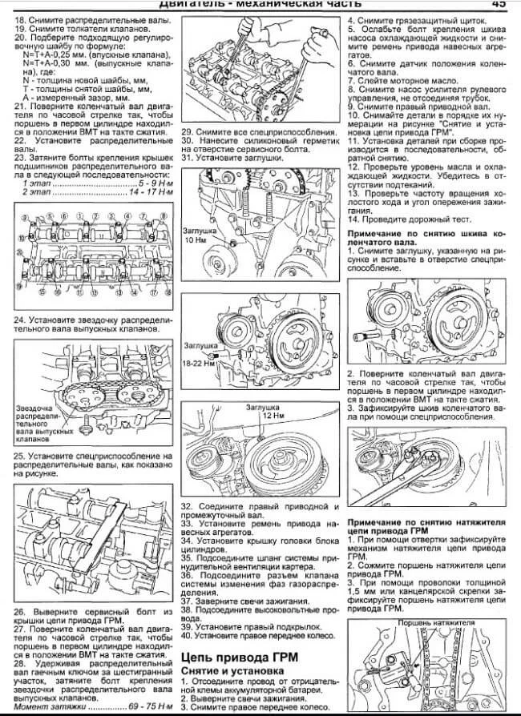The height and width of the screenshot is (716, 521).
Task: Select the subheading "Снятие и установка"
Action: (229, 670)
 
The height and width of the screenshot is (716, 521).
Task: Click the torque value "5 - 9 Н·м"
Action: (152, 183)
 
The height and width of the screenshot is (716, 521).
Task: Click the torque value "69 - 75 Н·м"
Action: (149, 709)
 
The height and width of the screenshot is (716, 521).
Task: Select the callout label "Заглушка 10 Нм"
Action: (200, 233)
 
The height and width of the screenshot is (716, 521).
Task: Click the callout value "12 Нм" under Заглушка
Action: (273, 416)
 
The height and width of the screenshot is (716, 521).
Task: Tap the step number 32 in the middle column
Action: (187, 506)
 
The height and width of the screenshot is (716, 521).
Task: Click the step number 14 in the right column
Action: (353, 218)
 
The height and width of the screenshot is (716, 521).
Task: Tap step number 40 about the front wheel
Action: (187, 636)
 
